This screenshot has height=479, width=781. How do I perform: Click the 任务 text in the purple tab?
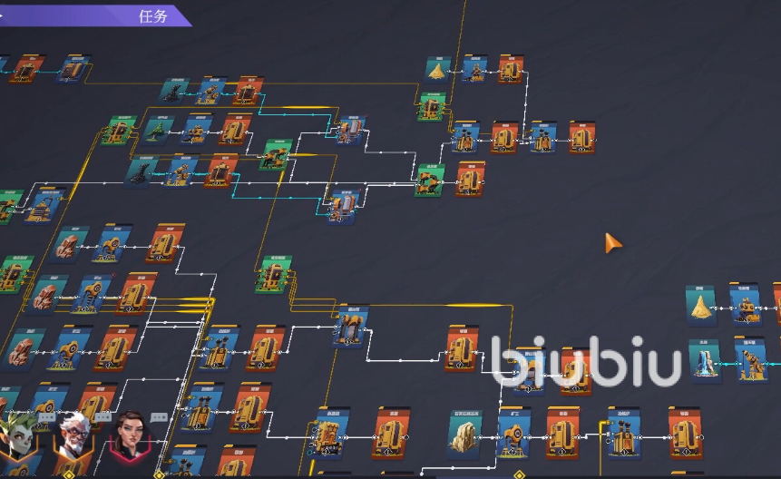tap(153, 16)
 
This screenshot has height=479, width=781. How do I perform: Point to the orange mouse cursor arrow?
tap(613, 243)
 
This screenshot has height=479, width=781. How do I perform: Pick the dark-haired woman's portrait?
tap(129, 440)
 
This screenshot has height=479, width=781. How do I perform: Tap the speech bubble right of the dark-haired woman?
tap(160, 417)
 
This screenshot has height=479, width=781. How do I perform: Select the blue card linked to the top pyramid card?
tap(474, 69)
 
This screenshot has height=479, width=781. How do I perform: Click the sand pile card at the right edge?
tap(702, 305)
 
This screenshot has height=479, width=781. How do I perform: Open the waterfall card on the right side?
tap(704, 361)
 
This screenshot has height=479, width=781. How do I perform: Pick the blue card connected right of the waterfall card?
tap(749, 360)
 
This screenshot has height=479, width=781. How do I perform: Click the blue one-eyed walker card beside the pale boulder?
tap(513, 432)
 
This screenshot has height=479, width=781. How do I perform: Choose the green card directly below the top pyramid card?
tap(431, 107)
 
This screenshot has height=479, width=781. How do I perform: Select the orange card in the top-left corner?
tap(26, 69)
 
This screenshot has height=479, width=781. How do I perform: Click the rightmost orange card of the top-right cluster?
tap(581, 137)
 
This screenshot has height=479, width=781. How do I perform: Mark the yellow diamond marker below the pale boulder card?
tap(520, 474)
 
